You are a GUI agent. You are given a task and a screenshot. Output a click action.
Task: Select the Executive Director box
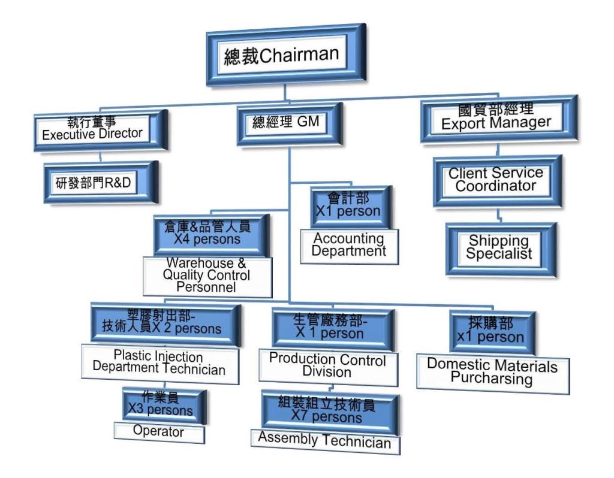click(96, 128)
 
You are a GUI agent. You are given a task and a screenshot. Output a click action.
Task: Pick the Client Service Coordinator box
click(496, 179)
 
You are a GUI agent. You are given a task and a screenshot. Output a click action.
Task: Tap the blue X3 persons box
click(164, 405)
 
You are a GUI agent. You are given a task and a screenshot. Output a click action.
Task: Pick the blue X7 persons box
click(327, 410)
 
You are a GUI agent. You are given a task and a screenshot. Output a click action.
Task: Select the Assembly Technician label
click(324, 441)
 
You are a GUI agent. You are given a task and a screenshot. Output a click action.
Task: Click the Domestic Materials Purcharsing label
click(492, 373)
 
